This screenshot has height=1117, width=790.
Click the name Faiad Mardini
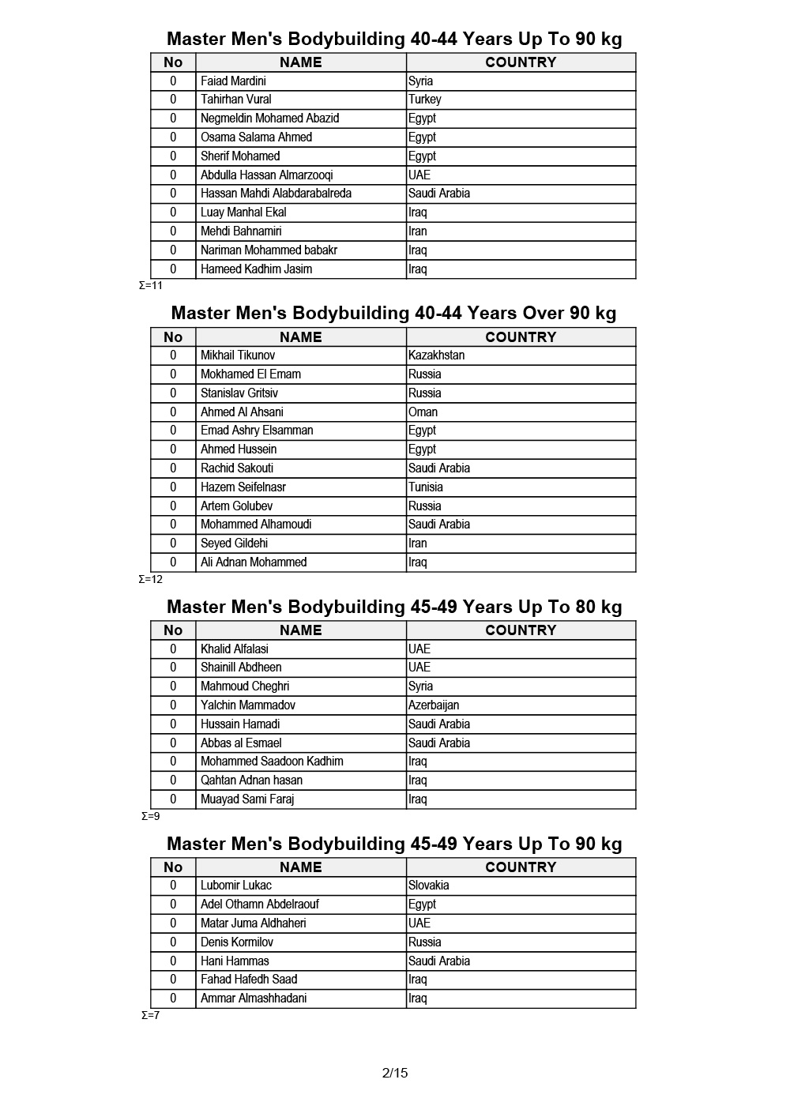[x=233, y=81]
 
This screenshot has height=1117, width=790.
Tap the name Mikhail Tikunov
[x=238, y=355]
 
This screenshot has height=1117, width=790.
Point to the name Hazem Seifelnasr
[x=243, y=487]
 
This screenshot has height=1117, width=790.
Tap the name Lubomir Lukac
[x=236, y=886]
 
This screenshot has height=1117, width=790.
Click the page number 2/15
[x=395, y=1073]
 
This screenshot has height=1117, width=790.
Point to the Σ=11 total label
[x=151, y=285]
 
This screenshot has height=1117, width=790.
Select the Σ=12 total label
[x=151, y=579]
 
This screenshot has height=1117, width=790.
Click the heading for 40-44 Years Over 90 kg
[x=393, y=313]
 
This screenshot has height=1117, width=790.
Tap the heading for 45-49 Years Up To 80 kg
[x=394, y=607]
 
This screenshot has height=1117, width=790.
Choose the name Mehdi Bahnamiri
[x=241, y=231]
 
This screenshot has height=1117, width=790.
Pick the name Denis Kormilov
[x=237, y=942]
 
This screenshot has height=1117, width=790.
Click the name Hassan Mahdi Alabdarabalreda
[x=276, y=194]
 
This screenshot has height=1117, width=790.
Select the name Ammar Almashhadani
[x=254, y=999]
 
